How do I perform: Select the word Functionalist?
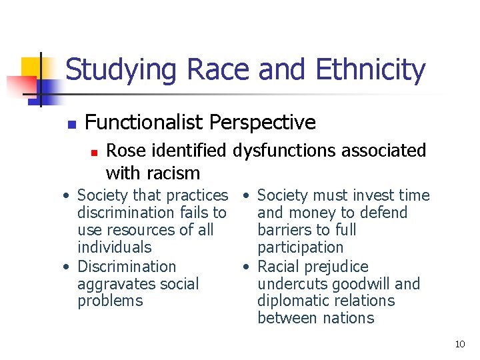click(144, 123)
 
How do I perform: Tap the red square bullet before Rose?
click(94, 153)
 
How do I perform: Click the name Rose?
click(125, 151)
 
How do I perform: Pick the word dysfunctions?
click(291, 151)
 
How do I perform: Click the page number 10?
click(459, 344)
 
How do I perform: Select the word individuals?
click(114, 247)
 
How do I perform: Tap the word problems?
click(110, 301)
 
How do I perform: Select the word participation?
click(300, 247)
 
